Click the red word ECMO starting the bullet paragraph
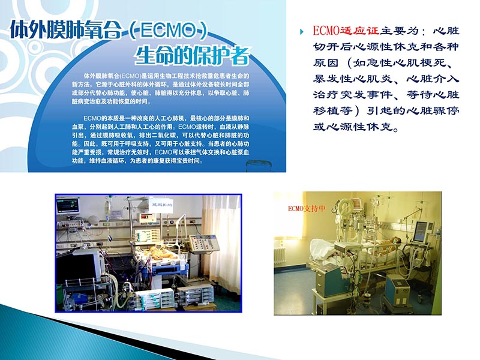(x=325, y=31)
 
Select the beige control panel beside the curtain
(x=201, y=242)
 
